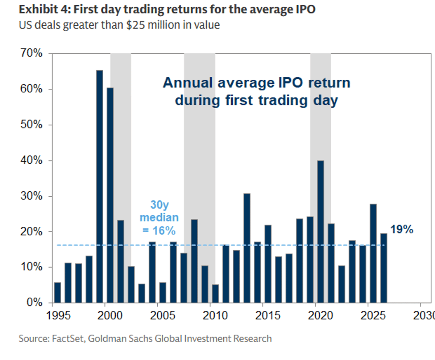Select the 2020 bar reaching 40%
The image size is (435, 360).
[320, 232]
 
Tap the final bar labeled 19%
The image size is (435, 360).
[384, 268]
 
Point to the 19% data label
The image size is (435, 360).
[401, 229]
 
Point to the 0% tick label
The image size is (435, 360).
[35, 303]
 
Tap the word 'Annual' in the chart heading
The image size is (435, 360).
[188, 83]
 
